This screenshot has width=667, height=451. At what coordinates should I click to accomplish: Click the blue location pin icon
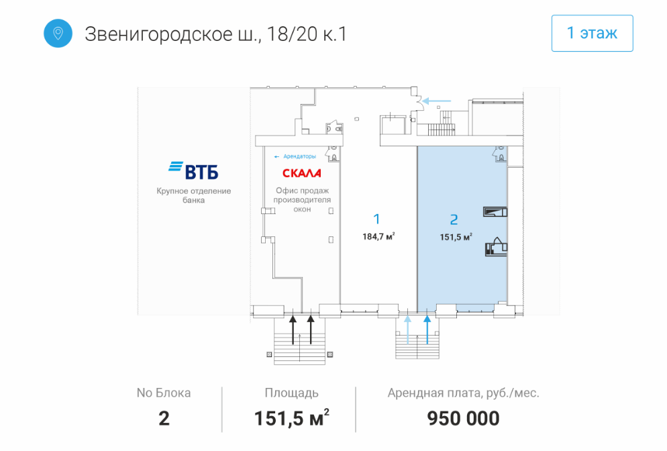pos(58,33)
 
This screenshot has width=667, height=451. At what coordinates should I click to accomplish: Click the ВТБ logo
pos(193,170)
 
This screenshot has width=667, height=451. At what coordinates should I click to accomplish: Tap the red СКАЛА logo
pos(301,173)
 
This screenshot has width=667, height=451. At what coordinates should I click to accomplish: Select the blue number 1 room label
pos(376,219)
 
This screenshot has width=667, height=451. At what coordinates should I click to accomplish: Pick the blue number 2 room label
pos(454,219)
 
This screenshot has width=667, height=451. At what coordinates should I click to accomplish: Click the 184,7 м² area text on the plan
pos(378,236)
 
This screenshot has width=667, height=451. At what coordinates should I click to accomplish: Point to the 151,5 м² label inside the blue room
pos(456,237)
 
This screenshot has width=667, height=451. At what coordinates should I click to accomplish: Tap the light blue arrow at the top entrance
pos(436,101)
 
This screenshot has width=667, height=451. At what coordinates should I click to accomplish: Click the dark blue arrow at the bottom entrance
pos(427,330)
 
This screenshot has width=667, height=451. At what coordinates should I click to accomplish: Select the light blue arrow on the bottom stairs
pos(408,330)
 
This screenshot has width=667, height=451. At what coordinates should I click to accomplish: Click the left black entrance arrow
pos(293,330)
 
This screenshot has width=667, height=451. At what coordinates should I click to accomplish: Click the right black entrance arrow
pos(311,330)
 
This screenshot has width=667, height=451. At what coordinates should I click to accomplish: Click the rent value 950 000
pos(463,419)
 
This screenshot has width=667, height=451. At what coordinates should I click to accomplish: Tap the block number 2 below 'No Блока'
pos(164,419)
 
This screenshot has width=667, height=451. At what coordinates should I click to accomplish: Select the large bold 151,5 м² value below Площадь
pos(292,418)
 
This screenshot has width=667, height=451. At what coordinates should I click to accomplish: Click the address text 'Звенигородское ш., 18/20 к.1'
pos(215,34)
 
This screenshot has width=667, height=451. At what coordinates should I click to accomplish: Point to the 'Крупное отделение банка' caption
pos(193,195)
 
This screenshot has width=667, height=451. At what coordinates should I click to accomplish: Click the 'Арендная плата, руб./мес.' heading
pos(463,393)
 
